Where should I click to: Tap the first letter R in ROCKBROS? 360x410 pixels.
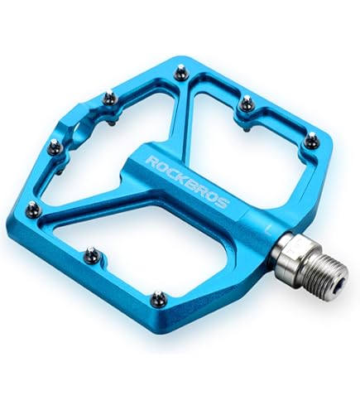coord(151,162)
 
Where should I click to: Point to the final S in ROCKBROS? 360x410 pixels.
coord(223,203)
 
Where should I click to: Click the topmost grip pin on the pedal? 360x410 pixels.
coord(180,71)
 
